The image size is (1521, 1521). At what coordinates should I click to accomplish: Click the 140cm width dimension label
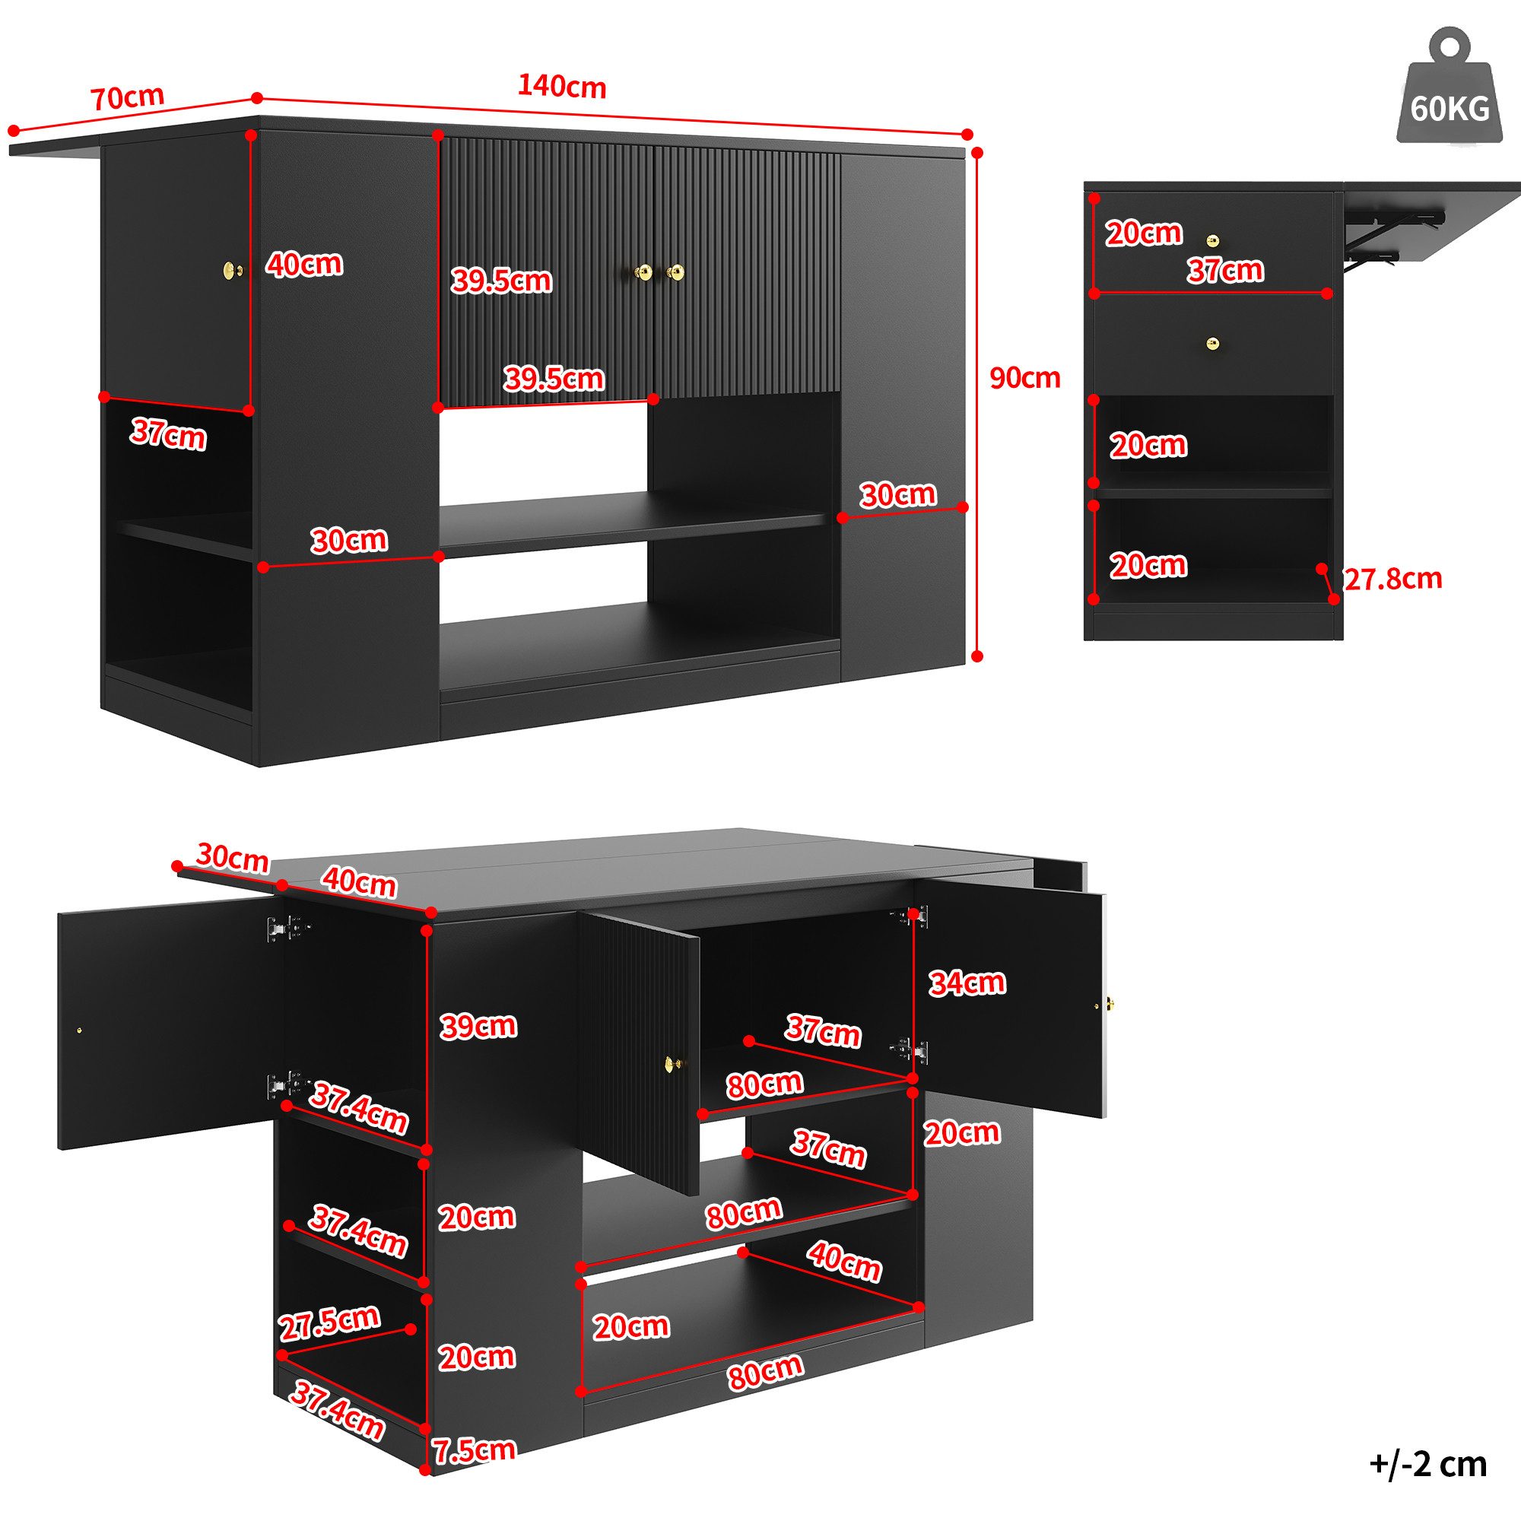tap(561, 87)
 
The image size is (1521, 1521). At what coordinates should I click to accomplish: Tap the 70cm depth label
tap(128, 97)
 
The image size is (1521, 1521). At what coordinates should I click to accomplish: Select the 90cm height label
tap(1024, 379)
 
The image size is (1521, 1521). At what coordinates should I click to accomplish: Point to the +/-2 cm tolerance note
tap(1428, 1463)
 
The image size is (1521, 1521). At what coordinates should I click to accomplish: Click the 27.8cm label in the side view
tap(1392, 580)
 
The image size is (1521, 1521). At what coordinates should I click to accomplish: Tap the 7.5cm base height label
tap(474, 1472)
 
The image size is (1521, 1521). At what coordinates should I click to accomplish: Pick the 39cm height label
tap(478, 1026)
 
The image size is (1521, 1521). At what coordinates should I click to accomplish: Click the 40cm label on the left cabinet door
tap(304, 264)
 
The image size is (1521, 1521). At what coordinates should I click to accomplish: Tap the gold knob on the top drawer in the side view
tap(1213, 240)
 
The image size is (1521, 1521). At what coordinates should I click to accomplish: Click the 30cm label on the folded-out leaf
tap(232, 857)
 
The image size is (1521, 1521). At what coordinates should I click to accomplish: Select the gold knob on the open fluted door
tap(672, 1063)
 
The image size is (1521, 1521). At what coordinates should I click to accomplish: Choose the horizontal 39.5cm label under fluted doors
tap(554, 379)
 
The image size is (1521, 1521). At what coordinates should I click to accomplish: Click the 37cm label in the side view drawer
tap(1225, 270)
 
